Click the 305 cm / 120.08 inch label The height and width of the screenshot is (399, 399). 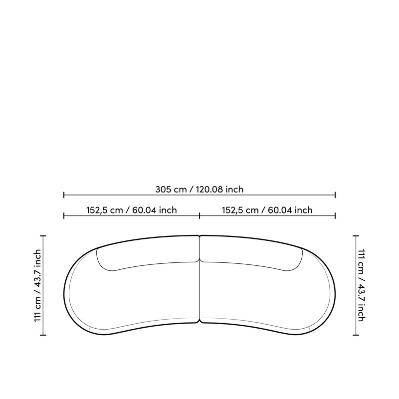pos(199,190)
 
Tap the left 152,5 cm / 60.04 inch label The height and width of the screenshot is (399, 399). pos(131,210)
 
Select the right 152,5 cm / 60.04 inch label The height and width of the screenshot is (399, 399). pos(267,210)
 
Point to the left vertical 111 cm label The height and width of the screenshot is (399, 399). pos(38,285)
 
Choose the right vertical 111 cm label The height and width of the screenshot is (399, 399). pos(361,285)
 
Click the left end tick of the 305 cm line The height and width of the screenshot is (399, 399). pos(64,195)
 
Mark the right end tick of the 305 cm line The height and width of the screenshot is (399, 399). pos(335,195)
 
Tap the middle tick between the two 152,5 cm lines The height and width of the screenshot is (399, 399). pos(199,216)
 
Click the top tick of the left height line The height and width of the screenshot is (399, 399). pos(43,236)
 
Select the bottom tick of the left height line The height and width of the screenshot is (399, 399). pos(43,335)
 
